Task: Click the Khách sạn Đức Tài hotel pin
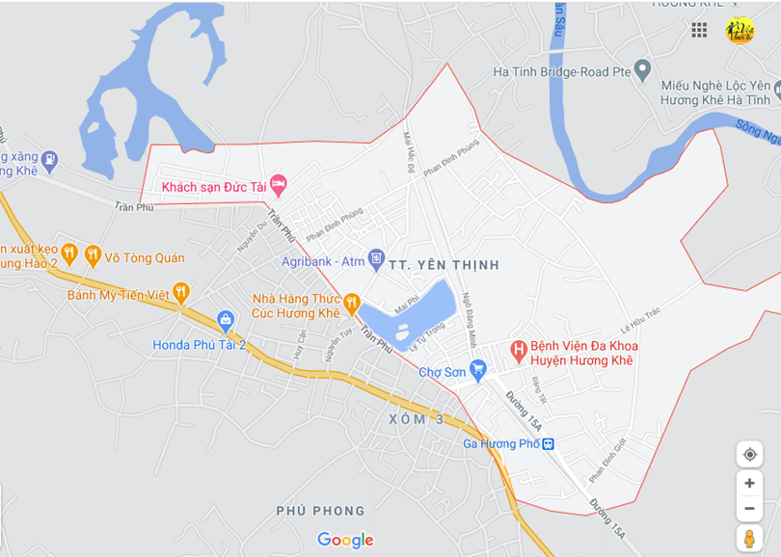point(278,183)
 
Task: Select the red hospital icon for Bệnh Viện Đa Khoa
point(519,349)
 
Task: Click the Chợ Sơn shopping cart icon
point(477,370)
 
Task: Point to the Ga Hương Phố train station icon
point(548,444)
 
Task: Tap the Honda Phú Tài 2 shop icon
point(226,320)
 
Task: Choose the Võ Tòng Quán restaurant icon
point(94,255)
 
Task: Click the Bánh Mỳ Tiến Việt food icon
point(180,293)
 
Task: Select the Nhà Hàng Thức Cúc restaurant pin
point(351,303)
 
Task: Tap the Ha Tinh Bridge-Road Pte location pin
point(643,69)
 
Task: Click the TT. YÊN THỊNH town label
point(444,264)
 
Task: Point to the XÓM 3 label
point(417,419)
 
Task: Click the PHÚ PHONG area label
point(320,511)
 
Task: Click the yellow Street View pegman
point(749,539)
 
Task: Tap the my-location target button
point(749,455)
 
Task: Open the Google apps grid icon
point(699,30)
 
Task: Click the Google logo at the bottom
point(345,540)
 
